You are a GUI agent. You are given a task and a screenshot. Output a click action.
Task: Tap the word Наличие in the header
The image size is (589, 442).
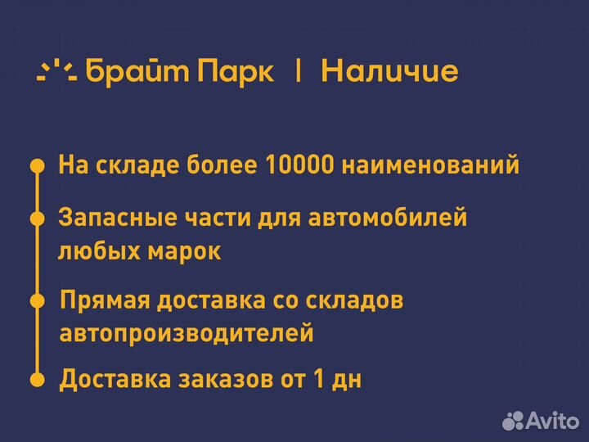coord(389,71)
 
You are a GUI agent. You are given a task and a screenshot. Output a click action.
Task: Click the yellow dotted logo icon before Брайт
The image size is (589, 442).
coord(56,71)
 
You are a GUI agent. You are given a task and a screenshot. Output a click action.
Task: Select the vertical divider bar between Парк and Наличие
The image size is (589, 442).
coord(298,71)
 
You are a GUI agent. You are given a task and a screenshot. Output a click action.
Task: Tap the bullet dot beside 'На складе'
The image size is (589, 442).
coord(37,166)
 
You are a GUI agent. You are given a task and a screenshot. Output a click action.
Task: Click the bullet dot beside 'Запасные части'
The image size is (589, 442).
coord(37,219)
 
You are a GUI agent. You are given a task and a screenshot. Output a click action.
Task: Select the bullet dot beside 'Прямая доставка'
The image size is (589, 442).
coord(37,300)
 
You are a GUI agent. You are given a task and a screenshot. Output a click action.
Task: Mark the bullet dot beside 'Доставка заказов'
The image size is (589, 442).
coord(37,380)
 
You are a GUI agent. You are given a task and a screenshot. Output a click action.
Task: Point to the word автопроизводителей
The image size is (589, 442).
coord(187,333)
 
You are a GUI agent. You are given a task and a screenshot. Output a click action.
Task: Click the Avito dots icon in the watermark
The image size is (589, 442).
coord(513,421)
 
